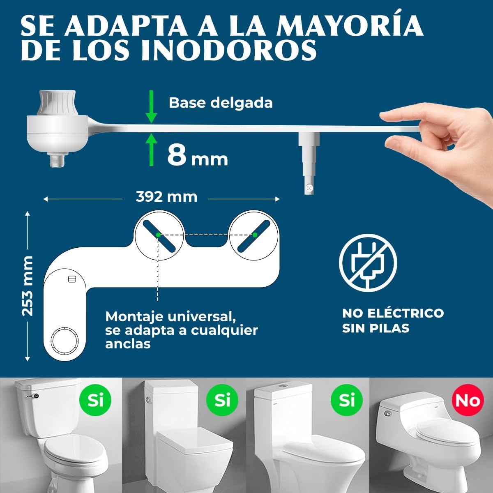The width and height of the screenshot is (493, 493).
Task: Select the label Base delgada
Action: pyautogui.click(x=221, y=103)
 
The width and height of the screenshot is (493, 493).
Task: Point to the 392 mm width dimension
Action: pyautogui.click(x=166, y=197)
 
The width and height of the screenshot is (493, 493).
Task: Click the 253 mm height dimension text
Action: pyautogui.click(x=28, y=286)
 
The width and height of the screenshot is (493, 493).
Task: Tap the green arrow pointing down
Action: pyautogui.click(x=151, y=107)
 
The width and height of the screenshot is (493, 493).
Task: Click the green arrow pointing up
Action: pyautogui.click(x=151, y=150)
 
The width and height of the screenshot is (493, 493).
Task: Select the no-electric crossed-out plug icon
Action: pyautogui.click(x=368, y=263)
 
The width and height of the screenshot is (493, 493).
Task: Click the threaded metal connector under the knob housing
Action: pyautogui.click(x=59, y=160)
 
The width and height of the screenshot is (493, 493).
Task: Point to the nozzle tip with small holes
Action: pyautogui.click(x=309, y=188)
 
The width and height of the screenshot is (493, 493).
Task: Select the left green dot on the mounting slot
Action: pyautogui.click(x=158, y=235)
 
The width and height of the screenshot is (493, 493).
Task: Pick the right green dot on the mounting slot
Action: pyautogui.click(x=255, y=235)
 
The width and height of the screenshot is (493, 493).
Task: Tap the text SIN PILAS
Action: pyautogui.click(x=376, y=328)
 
